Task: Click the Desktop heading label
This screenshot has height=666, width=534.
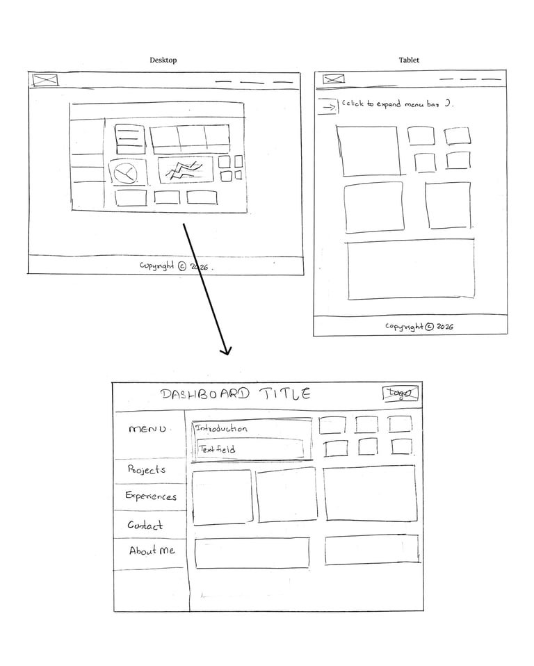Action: [x=163, y=60]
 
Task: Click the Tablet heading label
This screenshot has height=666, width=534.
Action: [x=409, y=60]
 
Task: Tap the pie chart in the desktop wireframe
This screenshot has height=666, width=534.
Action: [x=126, y=172]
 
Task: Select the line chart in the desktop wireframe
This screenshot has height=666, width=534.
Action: [x=185, y=169]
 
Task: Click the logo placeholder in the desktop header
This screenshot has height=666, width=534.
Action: [x=46, y=80]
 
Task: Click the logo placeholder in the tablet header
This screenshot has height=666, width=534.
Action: [x=334, y=79]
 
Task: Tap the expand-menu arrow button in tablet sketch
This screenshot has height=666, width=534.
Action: [x=327, y=106]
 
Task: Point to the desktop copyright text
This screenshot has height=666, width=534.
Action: [x=177, y=266]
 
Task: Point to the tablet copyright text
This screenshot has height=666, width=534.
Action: [x=419, y=326]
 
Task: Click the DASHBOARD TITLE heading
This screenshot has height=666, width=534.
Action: [x=236, y=394]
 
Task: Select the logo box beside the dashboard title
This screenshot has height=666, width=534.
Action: [x=401, y=393]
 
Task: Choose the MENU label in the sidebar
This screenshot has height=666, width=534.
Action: [x=147, y=429]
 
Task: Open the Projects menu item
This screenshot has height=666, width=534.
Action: [x=147, y=470]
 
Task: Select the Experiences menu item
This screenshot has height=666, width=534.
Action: [x=151, y=496]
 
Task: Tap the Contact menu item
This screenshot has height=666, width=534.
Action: [x=145, y=526]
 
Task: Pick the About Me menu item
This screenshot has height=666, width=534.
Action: [x=152, y=551]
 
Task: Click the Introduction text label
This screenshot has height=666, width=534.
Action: [x=221, y=428]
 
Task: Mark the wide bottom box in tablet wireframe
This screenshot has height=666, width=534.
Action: [x=411, y=270]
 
